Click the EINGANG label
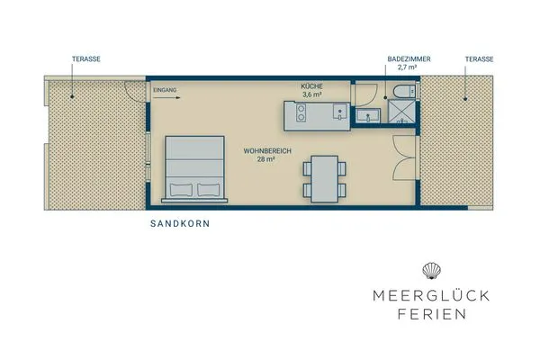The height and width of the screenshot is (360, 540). tap(166, 90)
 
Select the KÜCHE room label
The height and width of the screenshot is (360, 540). tap(311, 85)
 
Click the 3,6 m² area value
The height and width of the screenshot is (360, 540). tap(311, 94)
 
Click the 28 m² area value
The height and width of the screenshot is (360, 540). tap(265, 159)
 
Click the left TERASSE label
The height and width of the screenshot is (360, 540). tap(86, 58)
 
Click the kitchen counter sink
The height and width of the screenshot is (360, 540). tap(339, 112)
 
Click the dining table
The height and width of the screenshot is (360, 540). tap(322, 177)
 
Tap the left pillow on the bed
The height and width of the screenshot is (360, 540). tap(180, 189)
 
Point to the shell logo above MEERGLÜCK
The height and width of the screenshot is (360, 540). tap(432, 269)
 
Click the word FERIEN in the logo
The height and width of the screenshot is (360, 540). tap(432, 314)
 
